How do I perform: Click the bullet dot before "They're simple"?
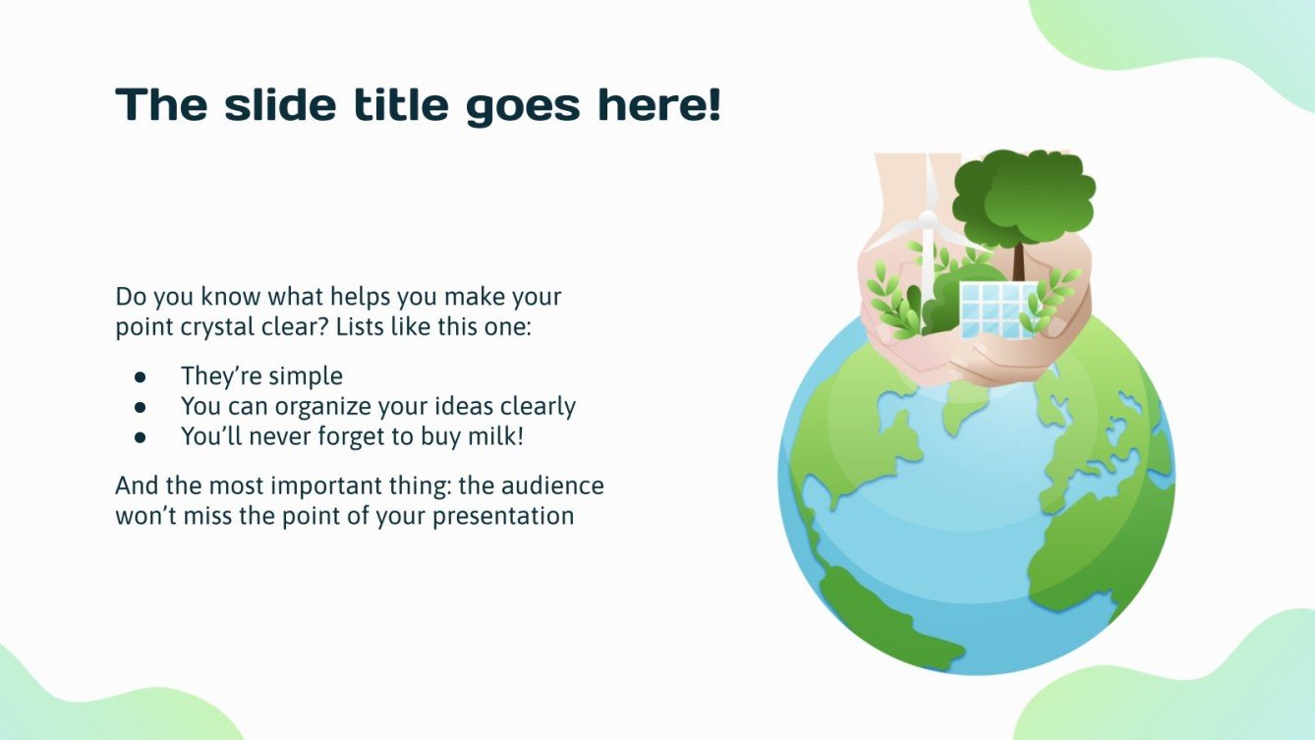[140, 376]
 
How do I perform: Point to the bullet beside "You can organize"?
[140, 406]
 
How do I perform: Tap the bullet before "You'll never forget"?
[140, 436]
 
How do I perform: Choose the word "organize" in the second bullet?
[317, 407]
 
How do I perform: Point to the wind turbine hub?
[926, 218]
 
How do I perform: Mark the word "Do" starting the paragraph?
[129, 296]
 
